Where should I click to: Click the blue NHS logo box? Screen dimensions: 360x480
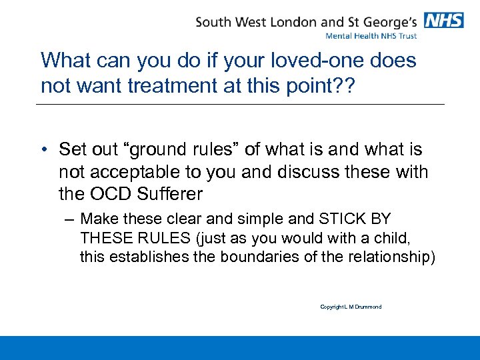click(444, 21)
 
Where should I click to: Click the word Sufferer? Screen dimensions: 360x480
click(169, 195)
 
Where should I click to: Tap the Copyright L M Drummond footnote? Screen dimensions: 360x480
click(351, 307)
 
